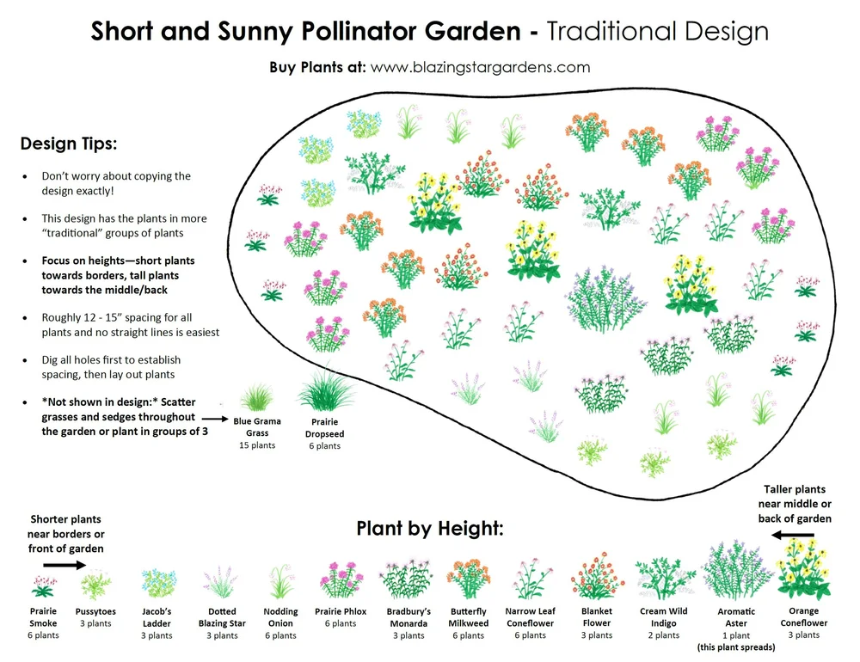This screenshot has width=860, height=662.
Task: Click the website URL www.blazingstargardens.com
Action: (x=480, y=67)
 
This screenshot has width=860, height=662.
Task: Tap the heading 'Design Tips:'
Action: (x=69, y=143)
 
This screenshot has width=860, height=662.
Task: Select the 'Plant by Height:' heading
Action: (x=430, y=528)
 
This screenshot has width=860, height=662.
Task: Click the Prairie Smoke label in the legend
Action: (x=42, y=617)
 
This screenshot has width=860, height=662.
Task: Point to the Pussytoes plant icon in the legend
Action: (x=95, y=585)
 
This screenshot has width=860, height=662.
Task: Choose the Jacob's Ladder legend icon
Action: (x=157, y=583)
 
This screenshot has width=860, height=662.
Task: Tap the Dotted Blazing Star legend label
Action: (x=223, y=617)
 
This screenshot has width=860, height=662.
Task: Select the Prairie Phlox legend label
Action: (x=341, y=611)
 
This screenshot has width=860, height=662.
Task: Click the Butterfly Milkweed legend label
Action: (x=468, y=617)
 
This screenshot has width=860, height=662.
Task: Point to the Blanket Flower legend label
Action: (x=596, y=617)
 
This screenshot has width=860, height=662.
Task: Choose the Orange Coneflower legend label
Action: (x=803, y=617)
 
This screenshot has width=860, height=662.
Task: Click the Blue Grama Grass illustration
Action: (x=256, y=396)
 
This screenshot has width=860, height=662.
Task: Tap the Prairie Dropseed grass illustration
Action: (x=325, y=391)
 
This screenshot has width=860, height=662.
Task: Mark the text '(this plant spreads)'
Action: (x=737, y=647)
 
